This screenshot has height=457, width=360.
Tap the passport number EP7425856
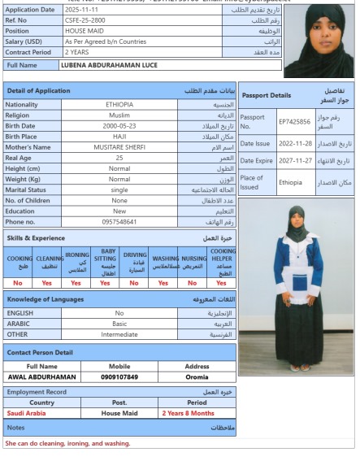tap(294, 122)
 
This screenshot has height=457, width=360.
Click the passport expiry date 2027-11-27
tap(294, 161)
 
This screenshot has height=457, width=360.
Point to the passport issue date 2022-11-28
tap(294, 141)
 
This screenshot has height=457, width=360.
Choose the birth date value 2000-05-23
tap(119, 125)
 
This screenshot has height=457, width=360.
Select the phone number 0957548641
tap(119, 221)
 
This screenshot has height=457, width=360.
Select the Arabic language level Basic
tap(119, 322)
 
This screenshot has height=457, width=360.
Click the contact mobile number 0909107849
tap(119, 377)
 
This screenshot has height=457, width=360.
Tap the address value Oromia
tap(197, 377)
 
